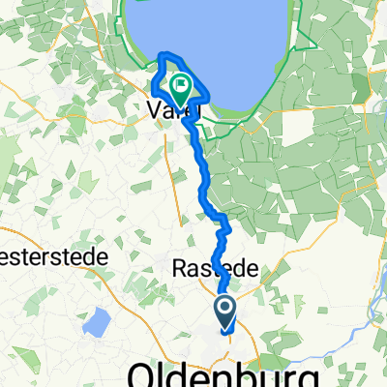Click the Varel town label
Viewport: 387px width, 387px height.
coord(172,109)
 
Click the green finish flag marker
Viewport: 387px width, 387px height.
coord(181,89)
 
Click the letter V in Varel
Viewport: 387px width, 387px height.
coord(154,109)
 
